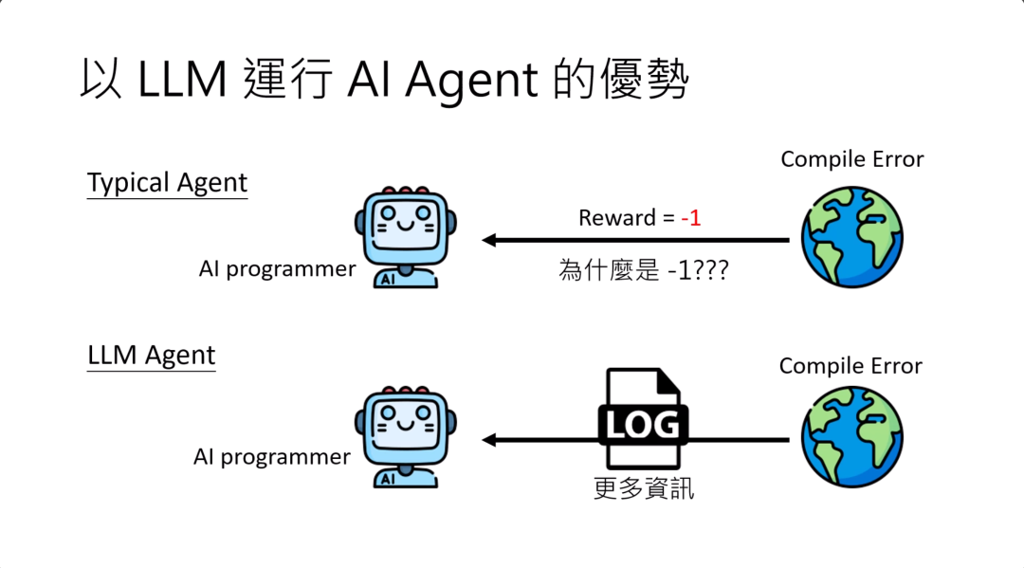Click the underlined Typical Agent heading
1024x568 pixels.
tap(167, 182)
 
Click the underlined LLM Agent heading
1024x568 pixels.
tap(152, 356)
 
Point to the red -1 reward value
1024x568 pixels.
tap(690, 217)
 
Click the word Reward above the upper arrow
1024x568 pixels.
tap(617, 217)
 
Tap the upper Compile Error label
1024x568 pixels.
tap(851, 159)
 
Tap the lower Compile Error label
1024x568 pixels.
tap(850, 366)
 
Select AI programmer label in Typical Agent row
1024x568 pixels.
tap(277, 269)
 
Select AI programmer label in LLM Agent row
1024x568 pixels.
tap(272, 457)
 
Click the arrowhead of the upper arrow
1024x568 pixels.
tap(489, 240)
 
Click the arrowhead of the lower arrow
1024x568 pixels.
tap(489, 440)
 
